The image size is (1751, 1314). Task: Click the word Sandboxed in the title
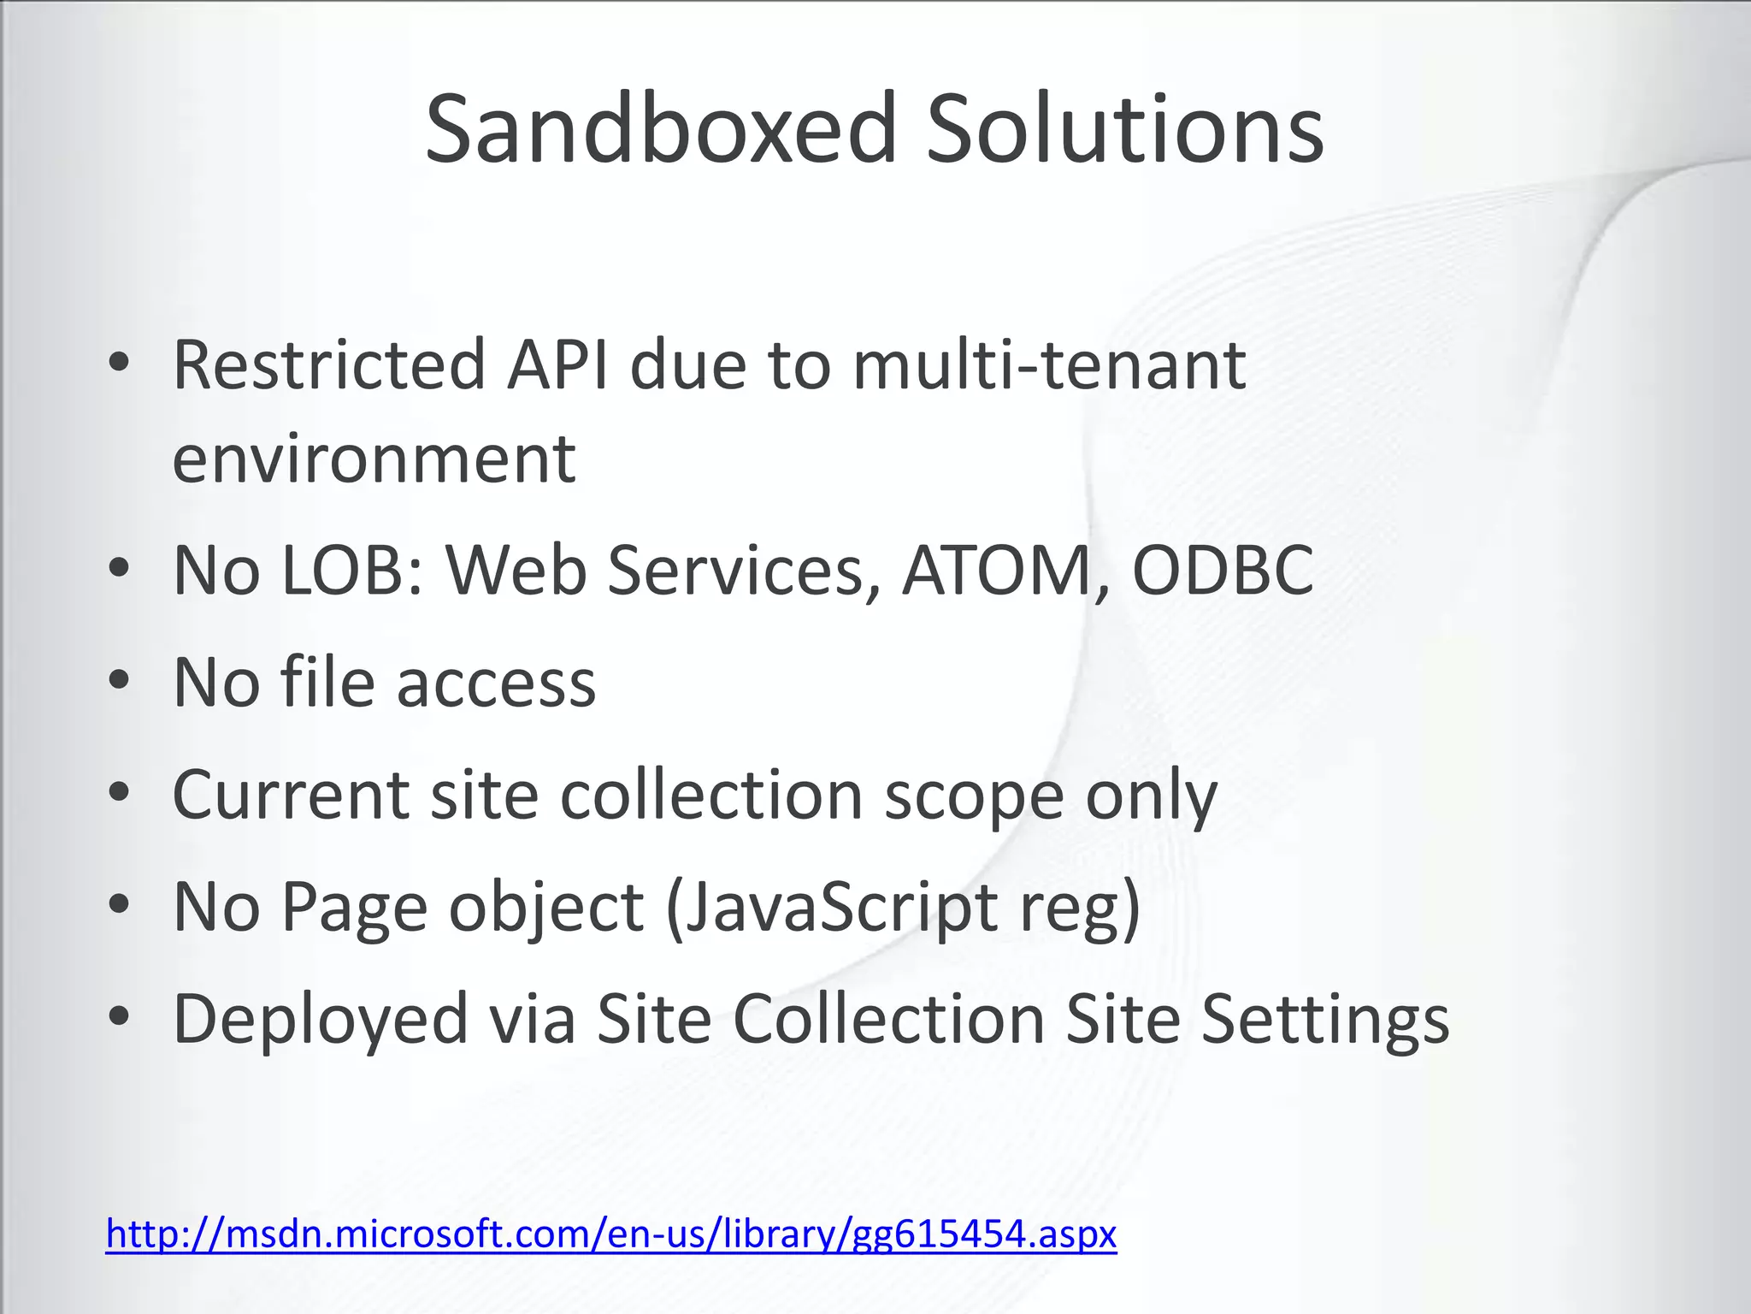pos(660,130)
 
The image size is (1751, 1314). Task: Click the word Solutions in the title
pos(1125,130)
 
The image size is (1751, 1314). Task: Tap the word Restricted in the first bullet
pos(328,365)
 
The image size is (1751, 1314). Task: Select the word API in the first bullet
pos(557,365)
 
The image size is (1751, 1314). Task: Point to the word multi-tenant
pos(1049,365)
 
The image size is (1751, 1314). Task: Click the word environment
pos(374,459)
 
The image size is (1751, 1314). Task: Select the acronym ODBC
pos(1223,571)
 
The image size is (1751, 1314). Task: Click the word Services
pos(744,571)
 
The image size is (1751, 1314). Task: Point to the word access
pos(496,684)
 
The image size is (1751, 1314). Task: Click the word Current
pos(291,796)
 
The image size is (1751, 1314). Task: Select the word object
pos(546,909)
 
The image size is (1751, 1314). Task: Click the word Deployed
pos(321,1021)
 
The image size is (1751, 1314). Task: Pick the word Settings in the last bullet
pos(1325,1021)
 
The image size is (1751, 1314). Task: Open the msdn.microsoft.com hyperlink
pos(610,1234)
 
